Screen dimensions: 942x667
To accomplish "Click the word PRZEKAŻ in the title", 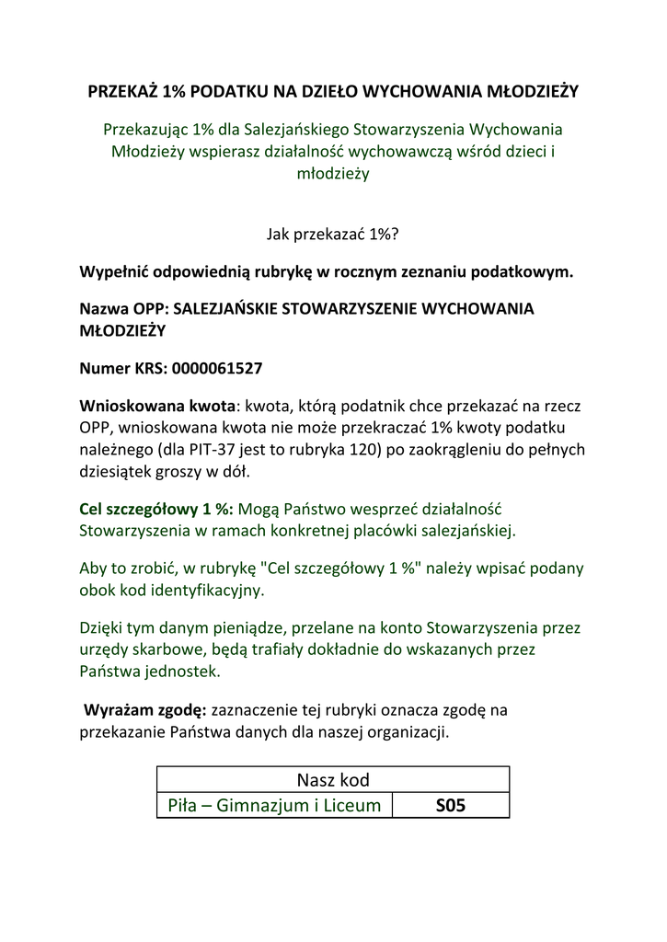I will [122, 91].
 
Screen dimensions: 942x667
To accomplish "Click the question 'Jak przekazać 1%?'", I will [333, 235].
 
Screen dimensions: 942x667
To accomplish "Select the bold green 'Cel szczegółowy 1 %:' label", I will [157, 509].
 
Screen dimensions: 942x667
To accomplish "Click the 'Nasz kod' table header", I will [333, 780].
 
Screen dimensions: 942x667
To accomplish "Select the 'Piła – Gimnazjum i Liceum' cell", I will [274, 806].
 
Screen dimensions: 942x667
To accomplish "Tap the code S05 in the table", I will [451, 806].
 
